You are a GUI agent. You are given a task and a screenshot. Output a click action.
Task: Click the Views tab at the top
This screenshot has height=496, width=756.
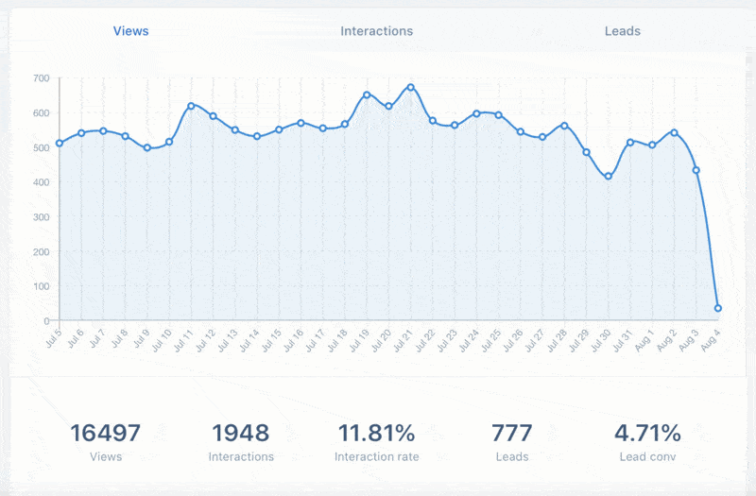[130, 31]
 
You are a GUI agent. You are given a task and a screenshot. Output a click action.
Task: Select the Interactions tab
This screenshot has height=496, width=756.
[376, 31]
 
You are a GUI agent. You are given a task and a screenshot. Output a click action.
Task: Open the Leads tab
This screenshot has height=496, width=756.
[622, 31]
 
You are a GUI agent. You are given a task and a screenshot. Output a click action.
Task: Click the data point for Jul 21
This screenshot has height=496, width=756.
[410, 87]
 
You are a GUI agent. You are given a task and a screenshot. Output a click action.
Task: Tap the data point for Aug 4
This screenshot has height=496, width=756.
[718, 308]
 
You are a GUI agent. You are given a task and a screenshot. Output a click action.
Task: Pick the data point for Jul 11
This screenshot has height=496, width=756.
[191, 106]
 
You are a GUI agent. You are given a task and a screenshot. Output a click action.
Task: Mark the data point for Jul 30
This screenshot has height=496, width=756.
[609, 177]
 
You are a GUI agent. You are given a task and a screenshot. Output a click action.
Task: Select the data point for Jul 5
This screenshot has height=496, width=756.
[60, 144]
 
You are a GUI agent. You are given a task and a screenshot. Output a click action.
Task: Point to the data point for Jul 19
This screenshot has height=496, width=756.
[367, 94]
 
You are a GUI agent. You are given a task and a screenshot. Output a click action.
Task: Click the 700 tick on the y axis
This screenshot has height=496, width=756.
[40, 78]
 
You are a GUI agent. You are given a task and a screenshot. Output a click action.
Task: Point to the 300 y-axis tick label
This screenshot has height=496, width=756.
[40, 217]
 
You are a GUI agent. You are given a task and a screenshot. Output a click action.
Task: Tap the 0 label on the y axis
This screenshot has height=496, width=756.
[47, 321]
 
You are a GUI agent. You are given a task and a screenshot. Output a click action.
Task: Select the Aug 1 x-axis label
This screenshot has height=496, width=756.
[646, 339]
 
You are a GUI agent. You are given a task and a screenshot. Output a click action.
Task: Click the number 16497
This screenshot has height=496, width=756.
[106, 434]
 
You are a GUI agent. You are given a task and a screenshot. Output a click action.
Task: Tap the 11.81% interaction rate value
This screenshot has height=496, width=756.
[376, 434]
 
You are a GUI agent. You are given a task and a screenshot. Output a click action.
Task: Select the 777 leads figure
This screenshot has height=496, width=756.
[512, 434]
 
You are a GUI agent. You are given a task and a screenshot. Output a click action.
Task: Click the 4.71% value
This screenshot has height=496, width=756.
[647, 434]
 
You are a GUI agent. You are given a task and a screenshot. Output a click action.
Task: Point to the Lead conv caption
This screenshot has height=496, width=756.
[647, 457]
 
